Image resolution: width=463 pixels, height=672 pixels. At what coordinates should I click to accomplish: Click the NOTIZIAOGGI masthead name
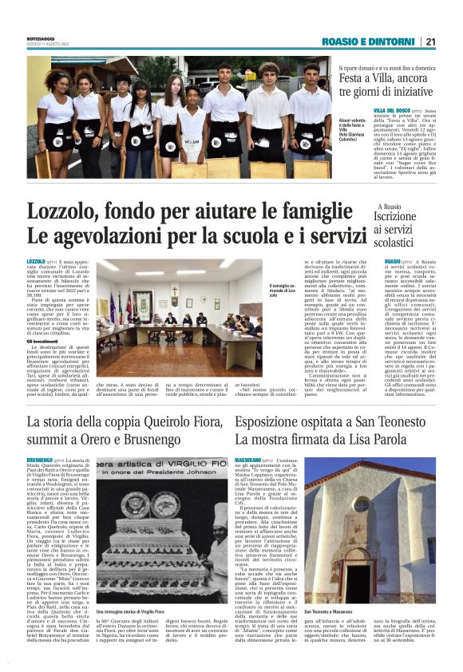tap(42, 37)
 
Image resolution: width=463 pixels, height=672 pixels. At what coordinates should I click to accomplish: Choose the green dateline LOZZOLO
tap(36, 262)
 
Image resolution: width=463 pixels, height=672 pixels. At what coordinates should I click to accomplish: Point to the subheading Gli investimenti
tap(45, 341)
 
